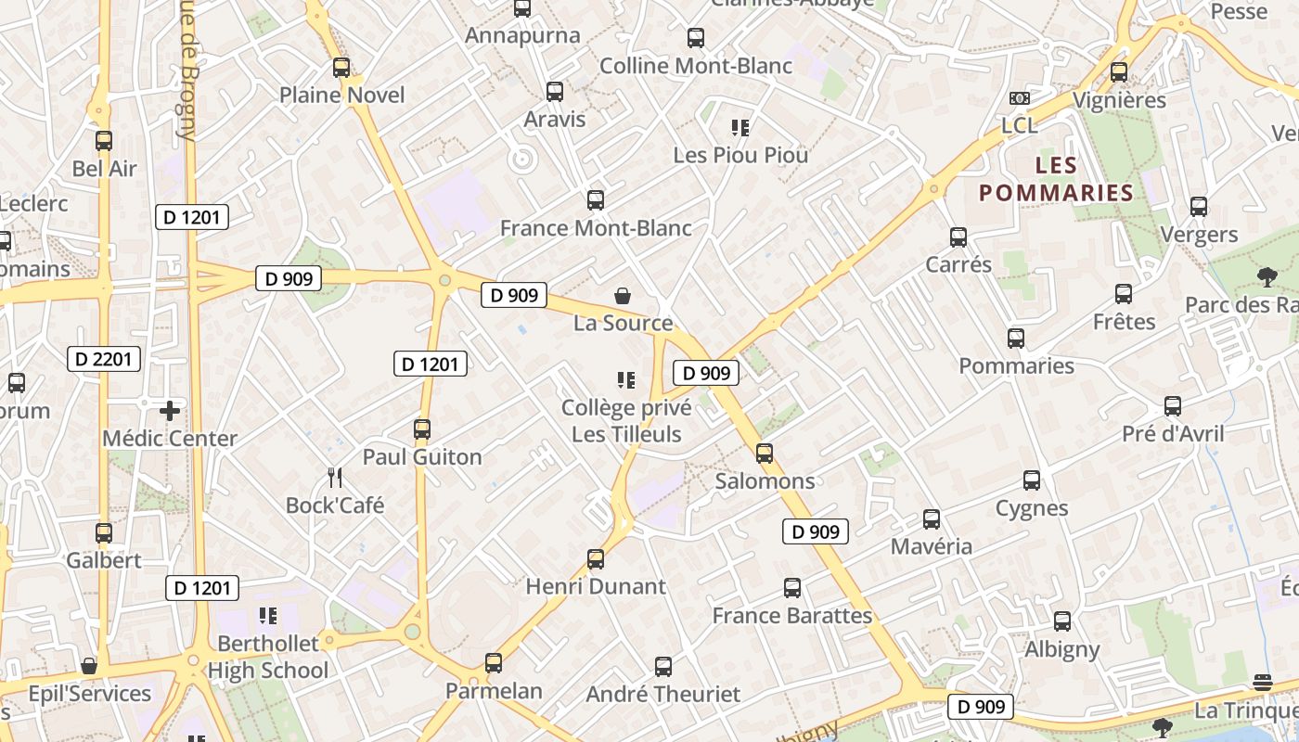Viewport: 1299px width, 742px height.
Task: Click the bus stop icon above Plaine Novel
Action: pyautogui.click(x=341, y=68)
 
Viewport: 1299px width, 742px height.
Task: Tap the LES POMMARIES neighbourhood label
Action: pyautogui.click(x=1056, y=180)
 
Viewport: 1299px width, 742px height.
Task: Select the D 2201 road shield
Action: pyautogui.click(x=104, y=359)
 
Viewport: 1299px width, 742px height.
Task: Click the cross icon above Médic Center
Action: pyautogui.click(x=170, y=410)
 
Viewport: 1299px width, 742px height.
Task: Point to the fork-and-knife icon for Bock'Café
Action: pyautogui.click(x=335, y=478)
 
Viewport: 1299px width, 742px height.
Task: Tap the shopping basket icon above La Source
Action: pyautogui.click(x=624, y=296)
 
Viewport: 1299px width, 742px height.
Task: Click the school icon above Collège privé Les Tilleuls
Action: pyautogui.click(x=626, y=380)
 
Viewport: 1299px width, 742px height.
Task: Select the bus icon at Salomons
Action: pyautogui.click(x=765, y=454)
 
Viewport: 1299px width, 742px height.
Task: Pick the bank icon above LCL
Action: pyautogui.click(x=1019, y=97)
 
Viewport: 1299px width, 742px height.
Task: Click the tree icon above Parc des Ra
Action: pyautogui.click(x=1267, y=276)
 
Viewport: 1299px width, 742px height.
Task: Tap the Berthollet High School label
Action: pyautogui.click(x=267, y=657)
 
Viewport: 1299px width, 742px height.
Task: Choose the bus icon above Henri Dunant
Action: pyautogui.click(x=596, y=559)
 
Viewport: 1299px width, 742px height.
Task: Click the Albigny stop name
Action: pyautogui.click(x=1062, y=649)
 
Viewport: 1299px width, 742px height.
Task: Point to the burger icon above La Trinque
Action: pyautogui.click(x=1262, y=683)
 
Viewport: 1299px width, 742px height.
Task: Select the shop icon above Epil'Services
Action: pyautogui.click(x=89, y=666)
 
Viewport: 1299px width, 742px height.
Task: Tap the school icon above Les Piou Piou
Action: pyautogui.click(x=740, y=128)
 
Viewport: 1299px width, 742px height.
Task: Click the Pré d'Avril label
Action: pyautogui.click(x=1173, y=434)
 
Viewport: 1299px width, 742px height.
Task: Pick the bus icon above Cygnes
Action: pyautogui.click(x=1032, y=480)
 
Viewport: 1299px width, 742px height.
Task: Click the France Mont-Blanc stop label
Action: pyautogui.click(x=596, y=228)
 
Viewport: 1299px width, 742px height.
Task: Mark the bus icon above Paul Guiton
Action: pyautogui.click(x=422, y=429)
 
